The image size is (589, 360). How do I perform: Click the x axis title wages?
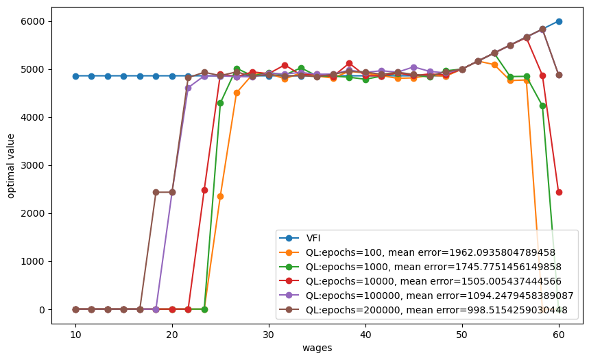pos(317,348)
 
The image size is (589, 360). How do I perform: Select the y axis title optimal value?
pos(11,165)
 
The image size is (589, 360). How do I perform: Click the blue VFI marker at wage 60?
pos(559,21)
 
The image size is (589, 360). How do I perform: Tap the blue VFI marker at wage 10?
pos(75,76)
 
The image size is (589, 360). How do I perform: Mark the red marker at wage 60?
pos(559,192)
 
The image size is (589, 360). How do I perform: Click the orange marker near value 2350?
pos(220,196)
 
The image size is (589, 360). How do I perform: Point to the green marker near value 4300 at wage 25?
pos(220,103)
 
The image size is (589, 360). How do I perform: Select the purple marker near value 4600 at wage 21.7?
pos(188,88)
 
